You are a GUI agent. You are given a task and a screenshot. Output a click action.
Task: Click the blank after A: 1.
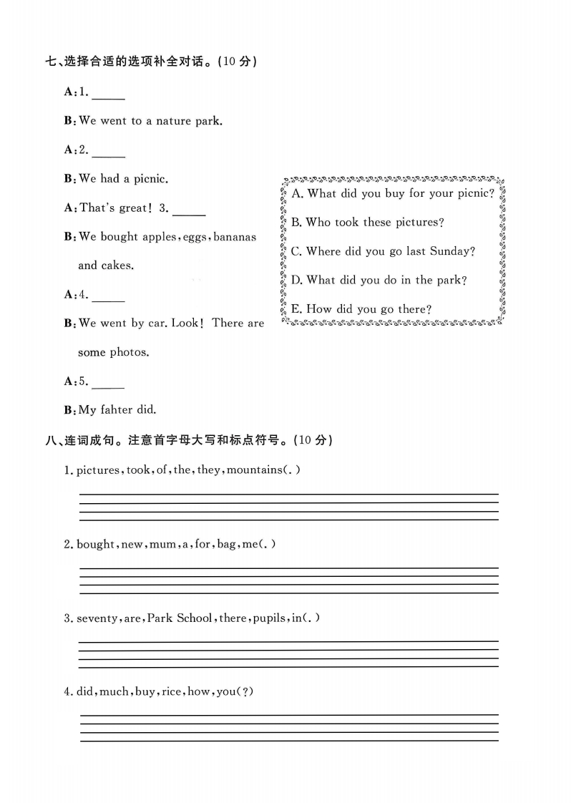click(108, 96)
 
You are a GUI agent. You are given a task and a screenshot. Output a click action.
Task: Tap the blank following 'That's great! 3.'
click(189, 213)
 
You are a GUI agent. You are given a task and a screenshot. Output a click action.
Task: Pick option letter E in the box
click(296, 309)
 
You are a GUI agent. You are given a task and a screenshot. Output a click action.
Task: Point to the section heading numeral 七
click(50, 62)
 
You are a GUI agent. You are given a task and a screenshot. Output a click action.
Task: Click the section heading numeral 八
click(50, 440)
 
